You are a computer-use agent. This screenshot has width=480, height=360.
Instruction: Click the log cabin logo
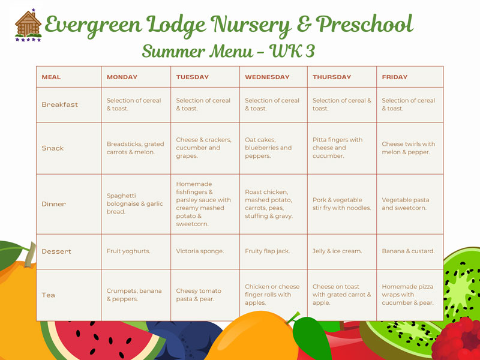tap(28, 25)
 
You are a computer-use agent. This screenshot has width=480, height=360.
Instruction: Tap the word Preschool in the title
tap(364, 24)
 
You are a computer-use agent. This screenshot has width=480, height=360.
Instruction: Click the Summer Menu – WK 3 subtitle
tap(229, 51)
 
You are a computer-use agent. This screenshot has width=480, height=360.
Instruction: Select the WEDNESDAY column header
tap(267, 77)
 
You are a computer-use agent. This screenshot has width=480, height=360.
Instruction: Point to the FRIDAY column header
tap(395, 77)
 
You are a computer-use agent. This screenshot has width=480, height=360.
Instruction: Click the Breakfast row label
tap(59, 104)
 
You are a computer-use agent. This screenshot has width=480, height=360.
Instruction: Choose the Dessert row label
tap(56, 251)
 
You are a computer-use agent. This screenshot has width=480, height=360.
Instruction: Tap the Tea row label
tap(49, 295)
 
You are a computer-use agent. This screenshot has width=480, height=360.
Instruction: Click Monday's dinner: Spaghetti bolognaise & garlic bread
tap(134, 203)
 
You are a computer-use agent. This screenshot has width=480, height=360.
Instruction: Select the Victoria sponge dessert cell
tap(200, 251)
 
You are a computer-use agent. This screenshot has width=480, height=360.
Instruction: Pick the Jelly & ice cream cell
tap(337, 251)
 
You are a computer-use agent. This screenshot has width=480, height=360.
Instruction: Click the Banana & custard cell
tap(408, 251)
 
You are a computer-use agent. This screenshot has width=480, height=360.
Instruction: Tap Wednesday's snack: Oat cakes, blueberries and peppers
tap(268, 148)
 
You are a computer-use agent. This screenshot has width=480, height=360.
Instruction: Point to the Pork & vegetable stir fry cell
tap(341, 204)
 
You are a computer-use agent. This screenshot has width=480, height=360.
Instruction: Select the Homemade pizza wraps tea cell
tap(407, 295)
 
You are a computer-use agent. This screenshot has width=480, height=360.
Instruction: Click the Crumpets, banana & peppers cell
tap(134, 295)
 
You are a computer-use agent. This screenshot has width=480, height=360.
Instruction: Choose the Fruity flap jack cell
tap(267, 251)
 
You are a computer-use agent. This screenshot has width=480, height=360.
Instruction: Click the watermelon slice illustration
tap(103, 340)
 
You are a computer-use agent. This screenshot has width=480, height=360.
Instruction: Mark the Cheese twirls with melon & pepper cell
tap(409, 148)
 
